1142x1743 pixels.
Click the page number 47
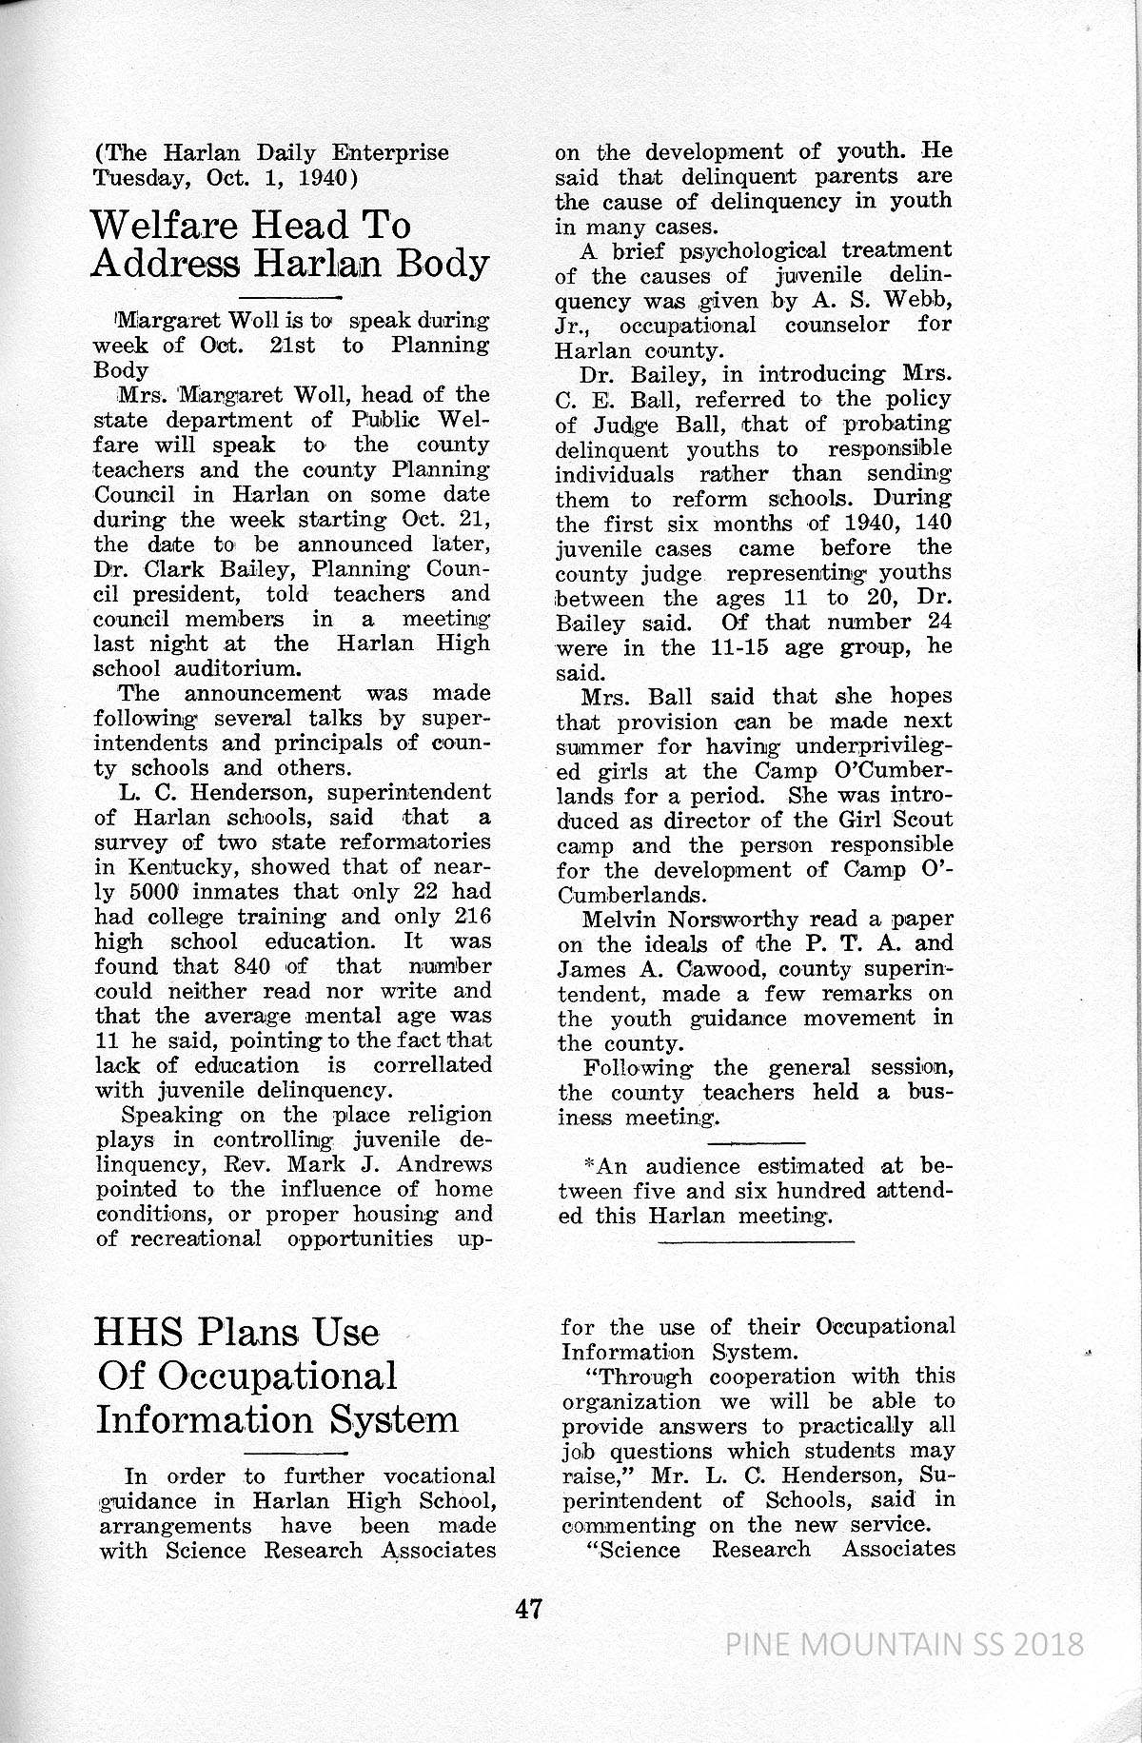(528, 1608)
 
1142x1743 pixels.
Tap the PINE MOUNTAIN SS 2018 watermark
(904, 1644)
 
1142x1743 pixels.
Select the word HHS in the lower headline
(142, 1331)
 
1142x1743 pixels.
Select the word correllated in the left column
(432, 1065)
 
